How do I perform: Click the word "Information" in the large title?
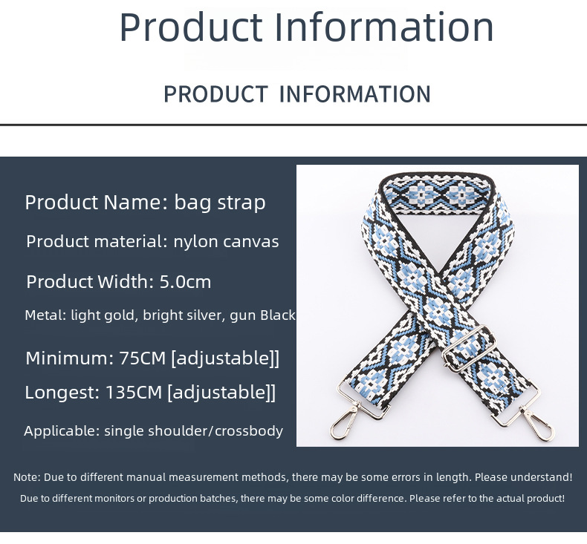tap(384, 27)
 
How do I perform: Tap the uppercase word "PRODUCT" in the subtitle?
tap(215, 94)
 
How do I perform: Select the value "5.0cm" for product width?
tap(185, 282)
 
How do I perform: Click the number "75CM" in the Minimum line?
tap(143, 358)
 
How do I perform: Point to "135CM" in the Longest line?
tap(134, 392)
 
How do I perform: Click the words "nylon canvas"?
tap(226, 241)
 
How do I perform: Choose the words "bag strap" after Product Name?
tap(219, 202)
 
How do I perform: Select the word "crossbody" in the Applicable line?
tap(249, 430)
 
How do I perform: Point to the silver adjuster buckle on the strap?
tap(463, 355)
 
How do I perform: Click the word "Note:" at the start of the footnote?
tap(27, 477)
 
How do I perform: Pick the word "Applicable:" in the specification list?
tap(61, 430)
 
